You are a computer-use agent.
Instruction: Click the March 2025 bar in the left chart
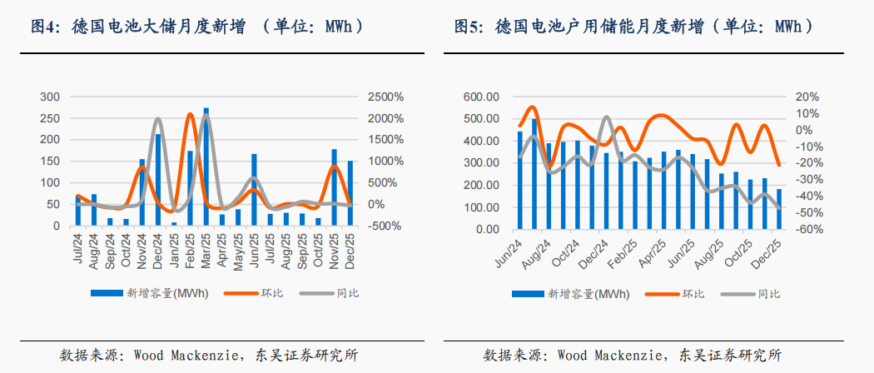tap(206, 167)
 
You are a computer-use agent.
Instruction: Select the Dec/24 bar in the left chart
tap(158, 180)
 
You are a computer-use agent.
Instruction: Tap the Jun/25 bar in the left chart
tap(254, 190)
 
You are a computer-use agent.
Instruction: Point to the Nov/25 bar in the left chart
tap(334, 187)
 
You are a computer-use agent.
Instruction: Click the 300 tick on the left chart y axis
tap(50, 97)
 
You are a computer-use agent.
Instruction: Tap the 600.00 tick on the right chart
tap(481, 97)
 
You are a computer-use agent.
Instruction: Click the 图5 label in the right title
tap(469, 27)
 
